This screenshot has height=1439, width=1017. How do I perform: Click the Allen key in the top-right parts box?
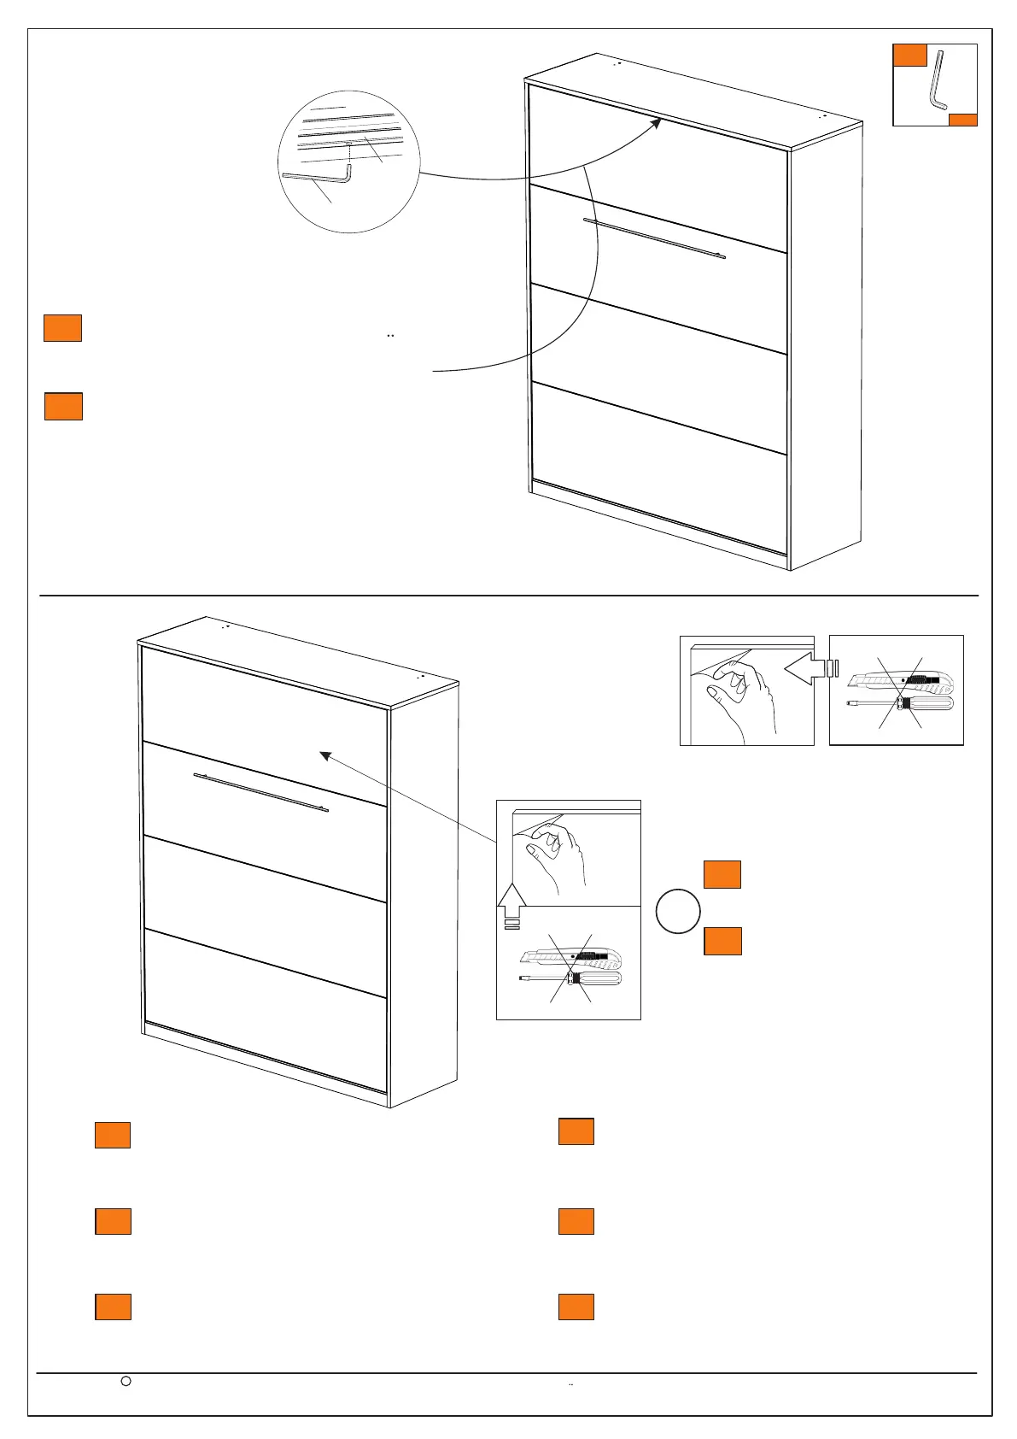coord(939,81)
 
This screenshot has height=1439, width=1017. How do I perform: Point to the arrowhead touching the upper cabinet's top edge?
coord(657,123)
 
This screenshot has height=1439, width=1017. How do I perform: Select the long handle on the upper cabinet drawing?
coord(654,238)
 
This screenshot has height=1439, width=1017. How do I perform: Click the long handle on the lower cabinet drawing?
coord(260,792)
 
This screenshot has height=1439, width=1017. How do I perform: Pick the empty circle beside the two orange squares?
coord(678,911)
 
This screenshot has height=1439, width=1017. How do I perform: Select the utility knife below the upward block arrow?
coord(570,959)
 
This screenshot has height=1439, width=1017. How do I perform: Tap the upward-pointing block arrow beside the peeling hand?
coord(512,896)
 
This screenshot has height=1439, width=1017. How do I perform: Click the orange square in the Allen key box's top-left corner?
coord(909,55)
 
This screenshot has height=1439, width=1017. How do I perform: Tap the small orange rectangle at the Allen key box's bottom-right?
coord(962,120)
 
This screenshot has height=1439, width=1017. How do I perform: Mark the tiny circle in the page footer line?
coord(126,1381)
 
